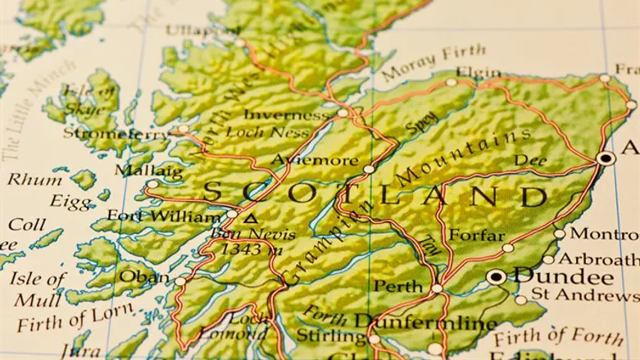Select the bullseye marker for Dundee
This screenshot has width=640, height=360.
[495, 277]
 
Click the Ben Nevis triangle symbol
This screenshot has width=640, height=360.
[251, 219]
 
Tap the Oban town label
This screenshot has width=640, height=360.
[144, 276]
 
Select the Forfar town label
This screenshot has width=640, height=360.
[476, 235]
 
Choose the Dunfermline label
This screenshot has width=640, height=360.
[425, 322]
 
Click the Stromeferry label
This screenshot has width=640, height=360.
[116, 132]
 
